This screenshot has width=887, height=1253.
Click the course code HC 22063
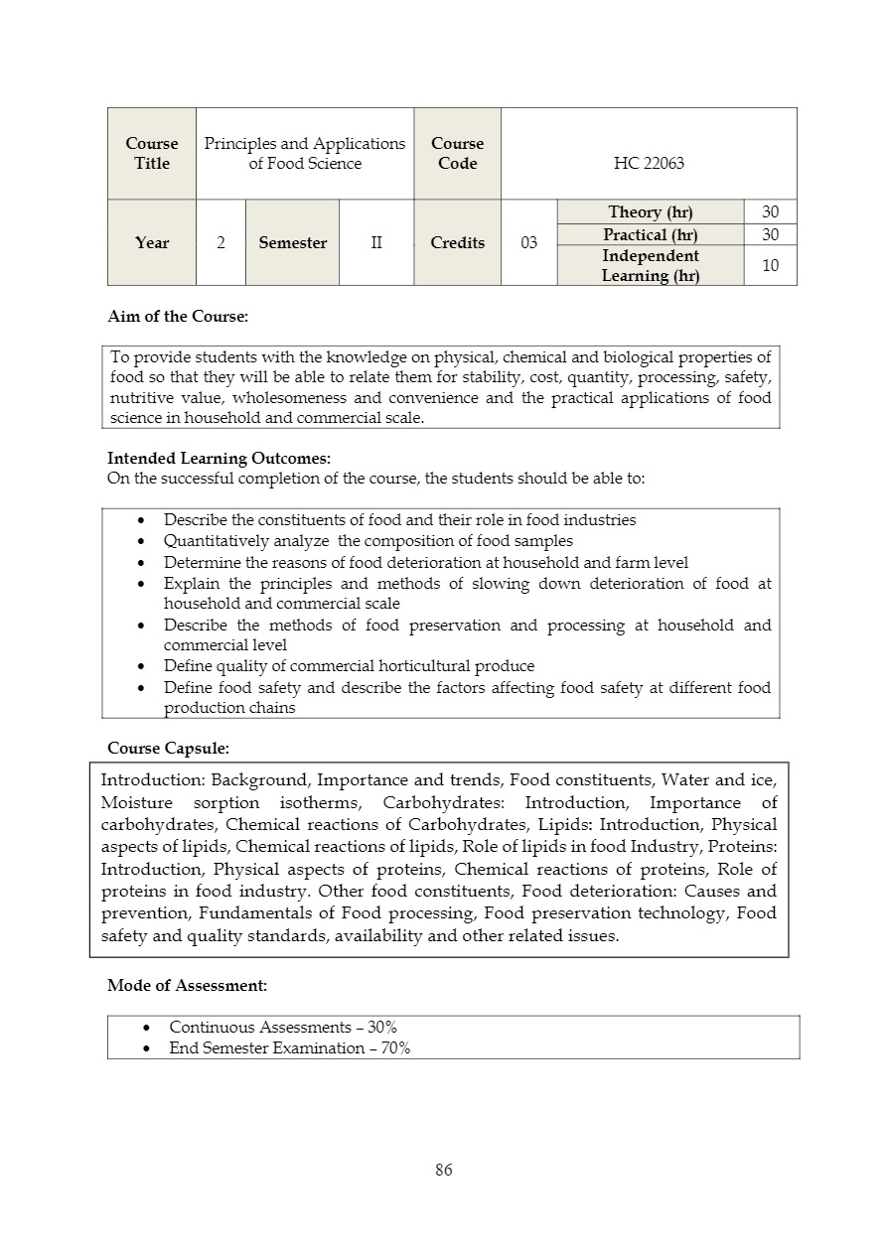pyautogui.click(x=649, y=164)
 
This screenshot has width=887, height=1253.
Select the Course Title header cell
pyautogui.click(x=152, y=154)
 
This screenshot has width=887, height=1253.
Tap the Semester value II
pyautogui.click(x=376, y=243)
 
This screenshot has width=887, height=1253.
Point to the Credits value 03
pyautogui.click(x=528, y=243)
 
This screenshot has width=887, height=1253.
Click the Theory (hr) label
pyautogui.click(x=650, y=212)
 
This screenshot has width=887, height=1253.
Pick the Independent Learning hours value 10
pyautogui.click(x=770, y=265)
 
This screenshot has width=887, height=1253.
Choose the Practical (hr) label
pyautogui.click(x=650, y=235)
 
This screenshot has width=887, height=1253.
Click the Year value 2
pyautogui.click(x=221, y=243)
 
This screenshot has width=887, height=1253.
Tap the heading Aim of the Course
pyautogui.click(x=178, y=317)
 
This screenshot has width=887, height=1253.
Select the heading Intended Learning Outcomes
pyautogui.click(x=219, y=458)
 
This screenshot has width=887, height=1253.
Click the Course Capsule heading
pyautogui.click(x=168, y=747)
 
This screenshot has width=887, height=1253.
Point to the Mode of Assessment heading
pyautogui.click(x=187, y=985)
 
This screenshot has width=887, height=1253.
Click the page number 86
pyautogui.click(x=443, y=1170)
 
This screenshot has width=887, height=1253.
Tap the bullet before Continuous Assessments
pyautogui.click(x=147, y=1028)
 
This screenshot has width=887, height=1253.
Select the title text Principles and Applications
pyautogui.click(x=305, y=144)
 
